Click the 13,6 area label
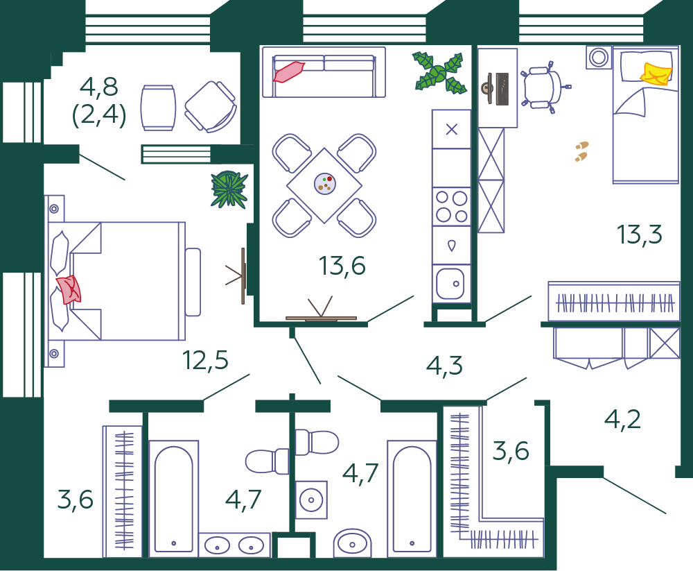(x=342, y=266)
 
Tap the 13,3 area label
(x=639, y=235)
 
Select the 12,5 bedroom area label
(x=206, y=360)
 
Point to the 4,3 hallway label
(x=445, y=366)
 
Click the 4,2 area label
(x=622, y=419)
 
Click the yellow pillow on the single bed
(x=656, y=74)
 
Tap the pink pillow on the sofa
(x=288, y=71)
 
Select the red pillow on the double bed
(x=69, y=289)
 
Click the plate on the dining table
(x=325, y=184)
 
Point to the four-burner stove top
(x=451, y=207)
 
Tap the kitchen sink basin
(x=450, y=283)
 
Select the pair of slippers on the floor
(x=581, y=151)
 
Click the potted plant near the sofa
(x=439, y=73)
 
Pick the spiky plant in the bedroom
(x=229, y=189)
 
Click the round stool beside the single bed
(x=599, y=58)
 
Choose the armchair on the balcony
(x=211, y=107)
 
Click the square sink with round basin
(x=311, y=500)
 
